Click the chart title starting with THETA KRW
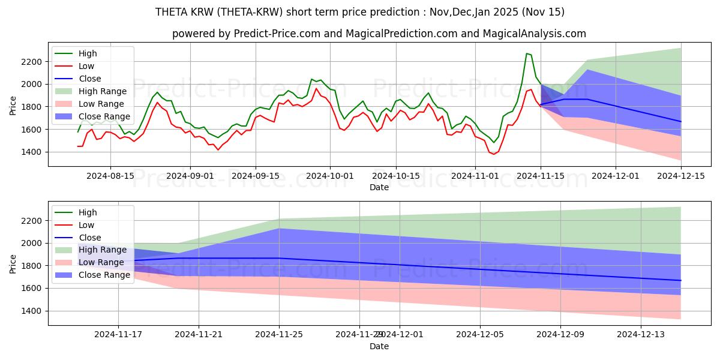[x=359, y=12]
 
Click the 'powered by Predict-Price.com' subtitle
[x=379, y=34]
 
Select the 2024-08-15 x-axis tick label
[x=110, y=176]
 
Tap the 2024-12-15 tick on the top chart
[x=680, y=176]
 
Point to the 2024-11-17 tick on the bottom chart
[x=118, y=335]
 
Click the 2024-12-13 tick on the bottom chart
[x=641, y=335]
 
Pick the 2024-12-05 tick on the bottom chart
[x=480, y=335]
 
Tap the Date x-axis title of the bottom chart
[x=379, y=346]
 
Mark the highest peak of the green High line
[x=526, y=53]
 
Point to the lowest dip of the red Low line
[x=494, y=155]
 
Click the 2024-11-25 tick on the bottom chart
[x=279, y=335]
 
